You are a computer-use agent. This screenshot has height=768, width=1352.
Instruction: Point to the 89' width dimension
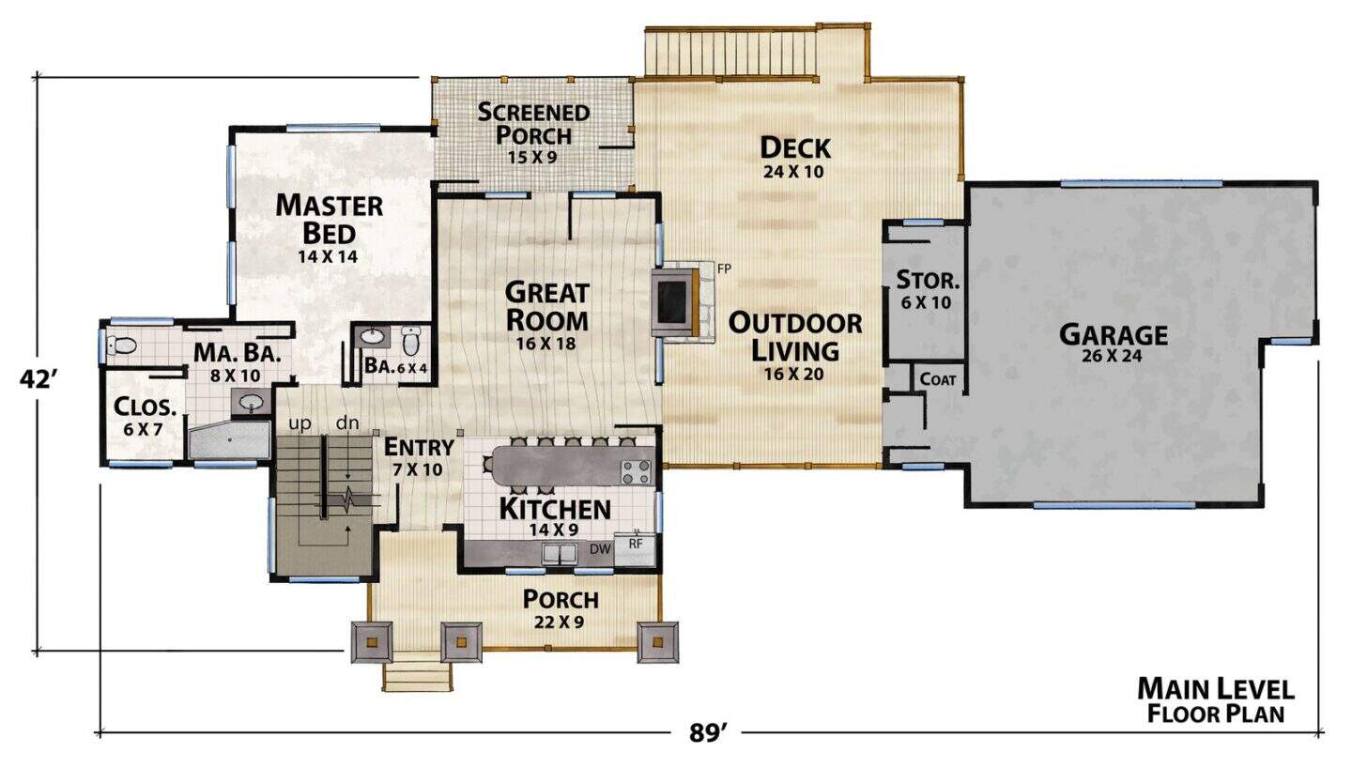pyautogui.click(x=706, y=733)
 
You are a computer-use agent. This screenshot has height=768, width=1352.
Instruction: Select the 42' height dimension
pyautogui.click(x=38, y=379)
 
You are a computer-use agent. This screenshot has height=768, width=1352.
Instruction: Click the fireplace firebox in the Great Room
pyautogui.click(x=671, y=302)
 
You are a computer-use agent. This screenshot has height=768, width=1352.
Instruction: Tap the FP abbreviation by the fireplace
pyautogui.click(x=724, y=269)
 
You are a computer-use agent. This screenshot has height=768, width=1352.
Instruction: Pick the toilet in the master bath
pyautogui.click(x=121, y=346)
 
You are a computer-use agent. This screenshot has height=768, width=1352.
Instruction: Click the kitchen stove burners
pyautogui.click(x=637, y=472)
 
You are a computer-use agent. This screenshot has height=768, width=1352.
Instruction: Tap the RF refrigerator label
pyautogui.click(x=636, y=544)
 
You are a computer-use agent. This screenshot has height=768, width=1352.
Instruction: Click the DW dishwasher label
pyautogui.click(x=600, y=549)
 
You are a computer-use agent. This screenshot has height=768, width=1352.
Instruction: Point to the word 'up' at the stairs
pyautogui.click(x=300, y=423)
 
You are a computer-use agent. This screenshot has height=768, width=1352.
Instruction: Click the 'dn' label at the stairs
pyautogui.click(x=347, y=422)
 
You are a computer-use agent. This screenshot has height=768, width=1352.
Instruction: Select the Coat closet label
pyautogui.click(x=938, y=379)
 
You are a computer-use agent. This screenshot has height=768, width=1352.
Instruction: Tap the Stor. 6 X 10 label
pyautogui.click(x=927, y=290)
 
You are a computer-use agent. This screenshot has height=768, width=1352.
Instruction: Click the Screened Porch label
pyautogui.click(x=533, y=133)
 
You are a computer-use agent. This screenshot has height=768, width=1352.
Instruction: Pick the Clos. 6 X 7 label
pyautogui.click(x=145, y=417)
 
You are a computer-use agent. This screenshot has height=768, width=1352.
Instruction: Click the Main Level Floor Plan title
pyautogui.click(x=1216, y=700)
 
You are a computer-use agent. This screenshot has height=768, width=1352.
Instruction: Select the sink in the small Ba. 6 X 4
pyautogui.click(x=370, y=336)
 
